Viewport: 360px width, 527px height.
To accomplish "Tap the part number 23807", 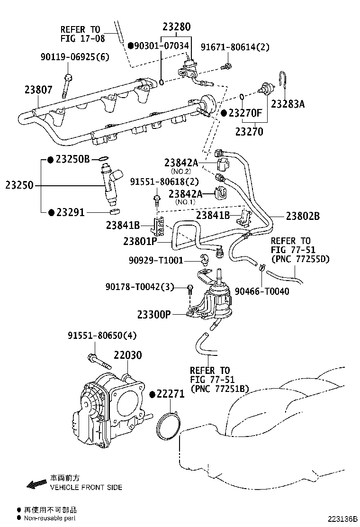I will point(39,90).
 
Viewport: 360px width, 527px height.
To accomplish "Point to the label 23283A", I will point(288,104).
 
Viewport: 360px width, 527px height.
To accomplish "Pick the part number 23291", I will point(71,212).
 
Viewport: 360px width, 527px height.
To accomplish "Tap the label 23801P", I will point(140,241).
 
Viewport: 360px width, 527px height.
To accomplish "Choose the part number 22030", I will point(127,355).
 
